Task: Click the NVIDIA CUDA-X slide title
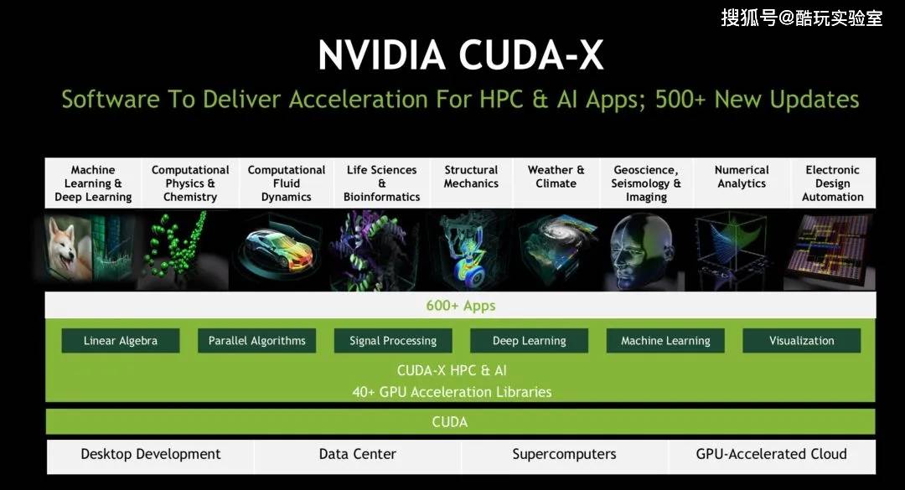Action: (461, 55)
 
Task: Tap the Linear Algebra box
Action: (121, 341)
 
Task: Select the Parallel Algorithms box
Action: (257, 341)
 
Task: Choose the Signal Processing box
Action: (393, 341)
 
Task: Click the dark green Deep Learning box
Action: (530, 341)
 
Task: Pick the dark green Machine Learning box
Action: (665, 341)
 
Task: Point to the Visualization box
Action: (802, 341)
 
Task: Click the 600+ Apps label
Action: (461, 306)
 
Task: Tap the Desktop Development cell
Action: (151, 455)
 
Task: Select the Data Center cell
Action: (358, 455)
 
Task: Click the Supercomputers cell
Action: (565, 455)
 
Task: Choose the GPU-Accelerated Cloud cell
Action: (772, 455)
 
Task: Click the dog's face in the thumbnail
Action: (65, 246)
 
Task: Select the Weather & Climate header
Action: (556, 177)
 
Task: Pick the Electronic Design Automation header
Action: (833, 183)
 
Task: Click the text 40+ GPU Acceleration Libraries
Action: (452, 392)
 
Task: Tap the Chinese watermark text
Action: (802, 18)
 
